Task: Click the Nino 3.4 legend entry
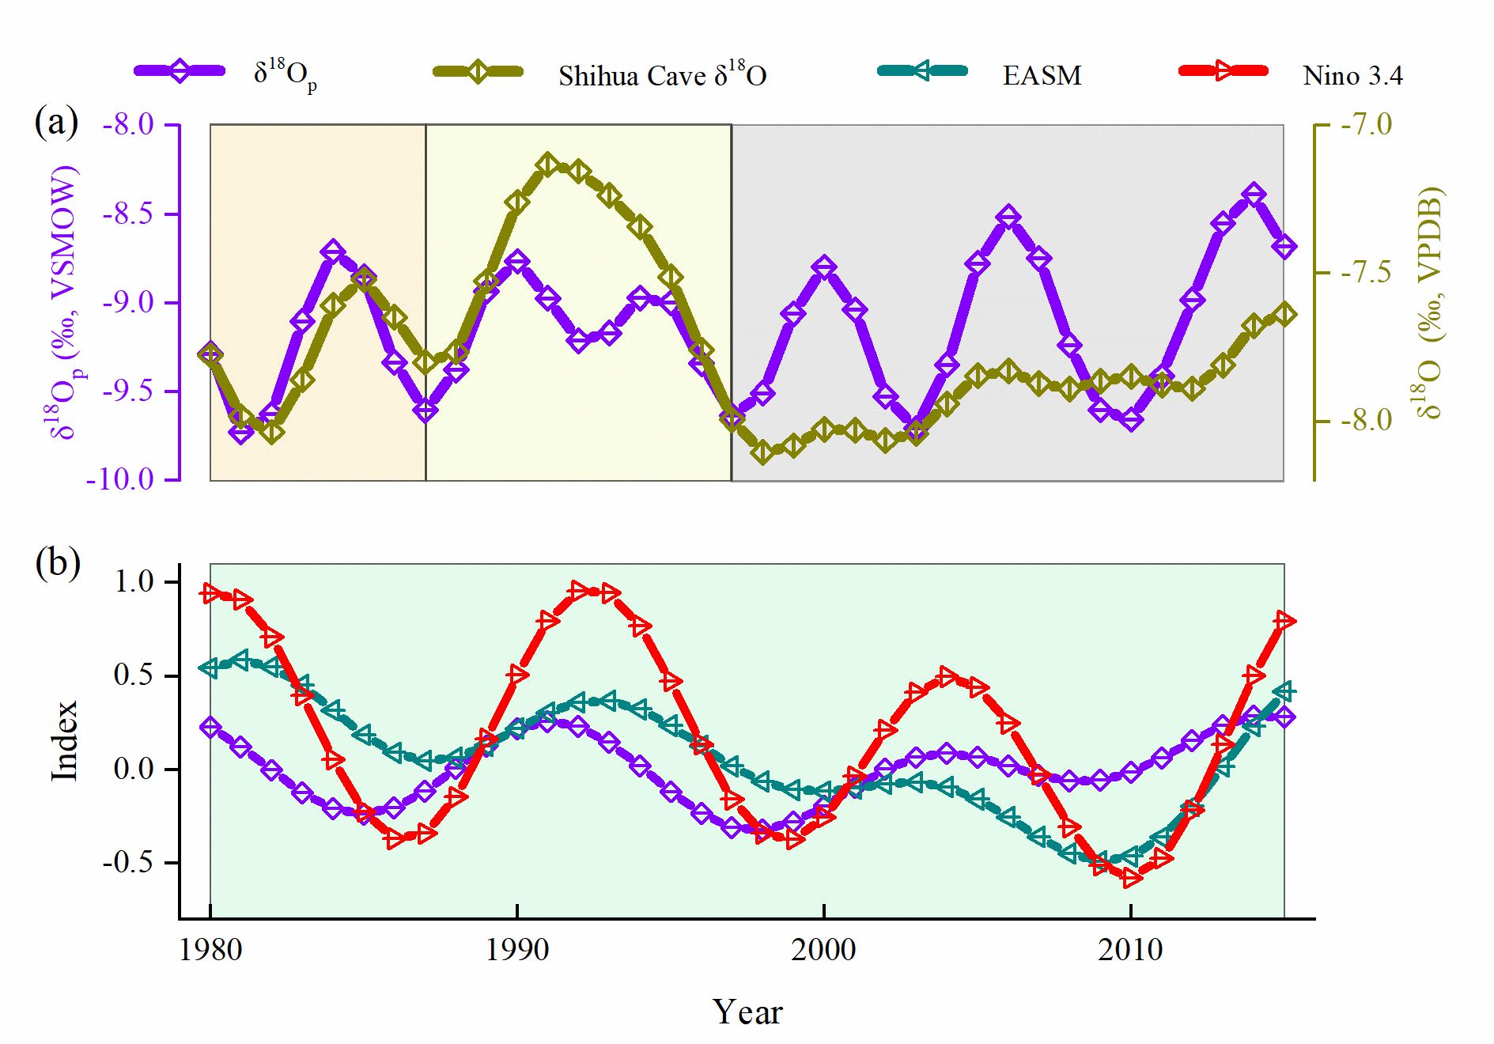point(1352,75)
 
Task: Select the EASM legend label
point(1042,75)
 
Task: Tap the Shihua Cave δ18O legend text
point(662,75)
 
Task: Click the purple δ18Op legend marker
point(181,71)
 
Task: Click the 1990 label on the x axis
point(517,949)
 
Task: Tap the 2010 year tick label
point(1131,949)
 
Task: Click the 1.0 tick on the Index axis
point(135,582)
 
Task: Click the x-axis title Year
point(747,1012)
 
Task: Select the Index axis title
point(65,741)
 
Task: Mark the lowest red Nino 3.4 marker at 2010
point(1131,877)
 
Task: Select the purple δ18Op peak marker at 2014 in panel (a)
point(1254,194)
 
